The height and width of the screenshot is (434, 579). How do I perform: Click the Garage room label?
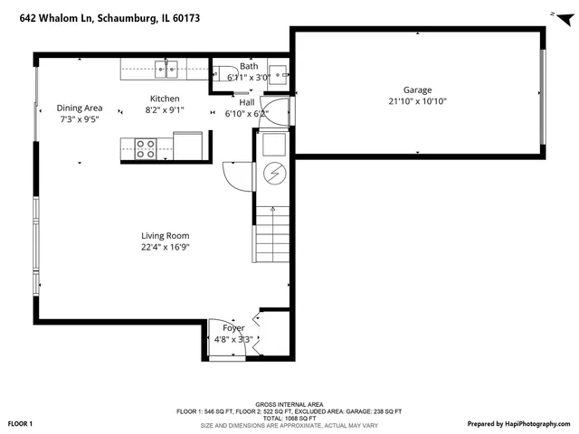(x=417, y=90)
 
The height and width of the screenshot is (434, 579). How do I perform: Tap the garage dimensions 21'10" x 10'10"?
(x=417, y=101)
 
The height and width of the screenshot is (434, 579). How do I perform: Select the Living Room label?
(x=165, y=235)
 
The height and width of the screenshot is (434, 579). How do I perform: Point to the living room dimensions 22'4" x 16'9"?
(x=165, y=247)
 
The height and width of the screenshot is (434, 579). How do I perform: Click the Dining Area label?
(x=80, y=108)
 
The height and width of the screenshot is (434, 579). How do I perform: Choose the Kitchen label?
(x=165, y=99)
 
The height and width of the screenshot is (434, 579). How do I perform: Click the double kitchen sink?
(x=166, y=68)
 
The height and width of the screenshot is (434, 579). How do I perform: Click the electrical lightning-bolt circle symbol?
(x=272, y=174)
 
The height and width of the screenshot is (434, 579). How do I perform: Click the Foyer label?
(x=233, y=327)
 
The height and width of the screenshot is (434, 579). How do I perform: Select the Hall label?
(x=246, y=102)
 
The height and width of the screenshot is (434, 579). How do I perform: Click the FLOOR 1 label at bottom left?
(x=21, y=423)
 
